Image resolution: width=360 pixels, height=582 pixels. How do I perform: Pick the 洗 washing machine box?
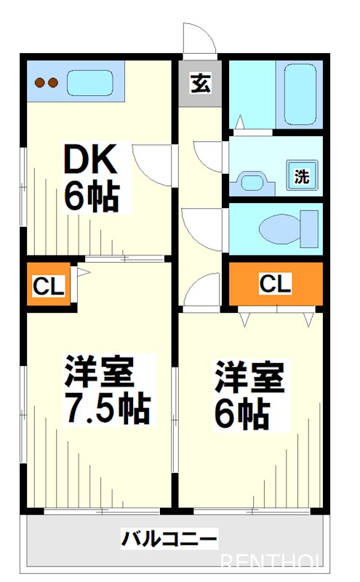301,175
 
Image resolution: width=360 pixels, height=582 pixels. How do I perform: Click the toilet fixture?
287,228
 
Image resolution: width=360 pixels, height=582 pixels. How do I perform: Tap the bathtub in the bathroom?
301,95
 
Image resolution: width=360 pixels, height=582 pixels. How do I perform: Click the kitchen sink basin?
91,83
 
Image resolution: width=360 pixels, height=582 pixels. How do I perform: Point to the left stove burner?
39,83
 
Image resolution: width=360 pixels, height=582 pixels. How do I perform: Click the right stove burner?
52,83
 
